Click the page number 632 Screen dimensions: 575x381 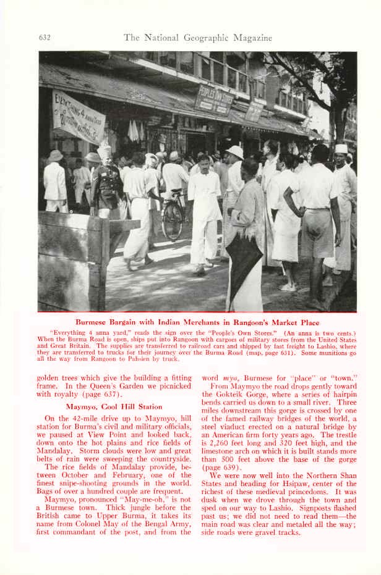[x=45, y=38]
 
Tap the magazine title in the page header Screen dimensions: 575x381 [x=198, y=38]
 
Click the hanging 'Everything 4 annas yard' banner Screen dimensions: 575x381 [x=79, y=117]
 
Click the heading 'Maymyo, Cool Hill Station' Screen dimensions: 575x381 [x=114, y=406]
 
